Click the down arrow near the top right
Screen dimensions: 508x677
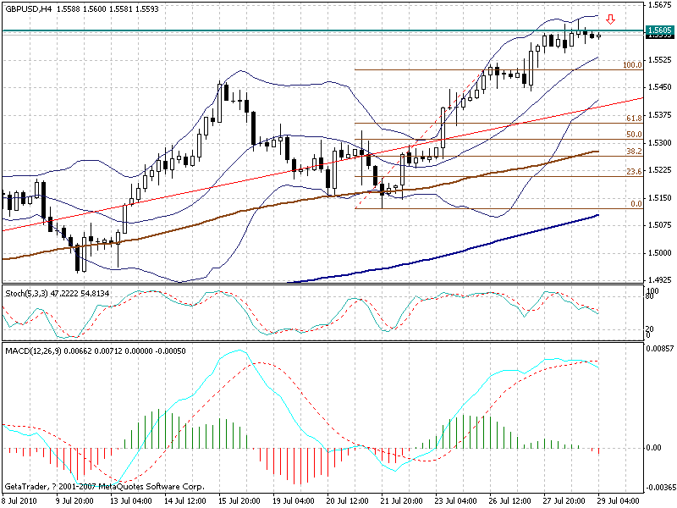click(611, 19)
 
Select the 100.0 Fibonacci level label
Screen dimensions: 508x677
click(630, 65)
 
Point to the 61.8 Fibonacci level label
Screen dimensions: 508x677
click(633, 119)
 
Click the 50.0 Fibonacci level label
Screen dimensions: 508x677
click(633, 135)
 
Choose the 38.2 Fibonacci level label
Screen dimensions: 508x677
click(633, 152)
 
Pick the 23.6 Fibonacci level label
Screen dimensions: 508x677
click(633, 171)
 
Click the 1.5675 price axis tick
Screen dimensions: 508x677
click(658, 6)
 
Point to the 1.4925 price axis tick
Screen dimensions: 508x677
click(658, 279)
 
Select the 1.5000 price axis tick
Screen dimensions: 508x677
click(658, 252)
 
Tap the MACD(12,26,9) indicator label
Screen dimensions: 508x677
click(34, 349)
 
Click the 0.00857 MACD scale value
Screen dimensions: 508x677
click(660, 348)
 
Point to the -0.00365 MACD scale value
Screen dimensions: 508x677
click(660, 488)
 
